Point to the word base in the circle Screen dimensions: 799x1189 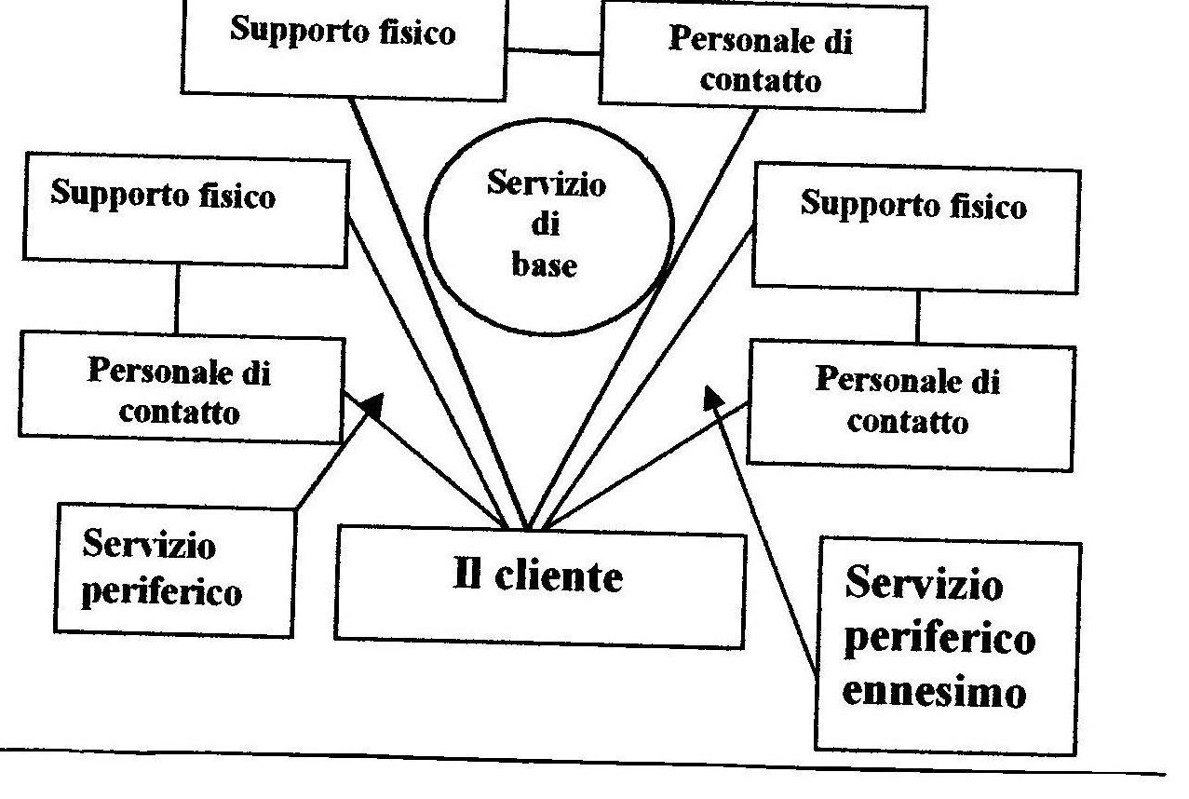(x=545, y=265)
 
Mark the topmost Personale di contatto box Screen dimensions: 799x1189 (x=762, y=56)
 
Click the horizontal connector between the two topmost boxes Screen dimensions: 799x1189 (x=553, y=52)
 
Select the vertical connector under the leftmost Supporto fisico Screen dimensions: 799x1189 (x=177, y=297)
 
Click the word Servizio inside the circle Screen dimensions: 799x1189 (x=546, y=184)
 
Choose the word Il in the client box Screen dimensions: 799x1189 (x=466, y=576)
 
